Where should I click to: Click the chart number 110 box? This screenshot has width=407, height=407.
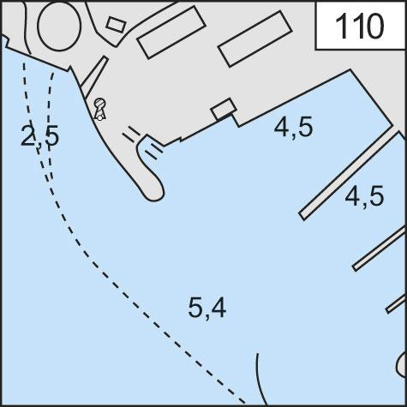click(360, 26)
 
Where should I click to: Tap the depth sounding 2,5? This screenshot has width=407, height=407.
click(40, 135)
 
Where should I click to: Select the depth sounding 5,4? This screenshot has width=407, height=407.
click(207, 308)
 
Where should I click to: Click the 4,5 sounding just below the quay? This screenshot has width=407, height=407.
click(293, 127)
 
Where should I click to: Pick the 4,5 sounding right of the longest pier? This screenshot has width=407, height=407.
click(364, 196)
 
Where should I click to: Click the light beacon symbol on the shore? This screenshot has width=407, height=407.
click(100, 109)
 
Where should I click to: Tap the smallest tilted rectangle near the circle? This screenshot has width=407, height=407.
click(116, 24)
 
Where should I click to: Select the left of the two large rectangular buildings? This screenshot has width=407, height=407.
click(171, 32)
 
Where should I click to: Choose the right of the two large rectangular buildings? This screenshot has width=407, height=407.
click(254, 39)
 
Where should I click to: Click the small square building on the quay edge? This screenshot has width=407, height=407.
click(224, 109)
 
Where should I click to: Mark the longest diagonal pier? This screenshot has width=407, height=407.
click(350, 176)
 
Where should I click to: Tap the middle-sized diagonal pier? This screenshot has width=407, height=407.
click(380, 249)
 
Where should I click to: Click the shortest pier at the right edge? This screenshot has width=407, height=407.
click(396, 304)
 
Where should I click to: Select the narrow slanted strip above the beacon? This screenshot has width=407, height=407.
click(93, 76)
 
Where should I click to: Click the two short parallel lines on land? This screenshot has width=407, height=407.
click(131, 134)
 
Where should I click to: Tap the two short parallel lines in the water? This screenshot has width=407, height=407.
click(154, 152)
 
